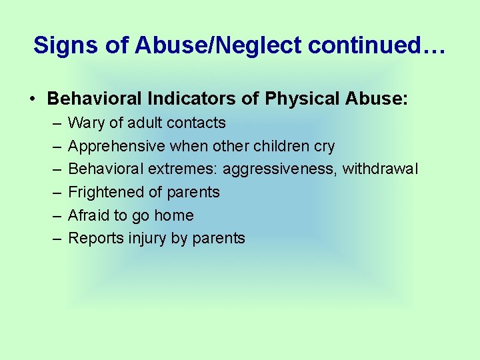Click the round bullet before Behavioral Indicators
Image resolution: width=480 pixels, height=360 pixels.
32,99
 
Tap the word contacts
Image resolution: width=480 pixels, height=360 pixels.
197,123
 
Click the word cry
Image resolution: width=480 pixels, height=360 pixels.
324,146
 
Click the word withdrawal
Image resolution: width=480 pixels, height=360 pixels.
380,169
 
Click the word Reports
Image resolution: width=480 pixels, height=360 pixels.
93,238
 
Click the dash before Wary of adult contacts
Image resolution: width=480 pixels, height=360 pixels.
53,123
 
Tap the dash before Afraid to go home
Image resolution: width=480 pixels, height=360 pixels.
53,216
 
